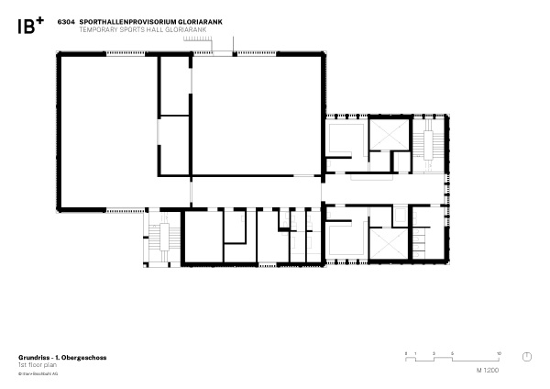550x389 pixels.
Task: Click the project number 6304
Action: [x=65, y=20]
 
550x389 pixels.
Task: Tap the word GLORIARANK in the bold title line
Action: [x=204, y=20]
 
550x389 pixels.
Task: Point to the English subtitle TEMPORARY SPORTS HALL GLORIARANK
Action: [x=133, y=28]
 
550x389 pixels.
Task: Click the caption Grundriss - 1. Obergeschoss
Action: [x=62, y=357]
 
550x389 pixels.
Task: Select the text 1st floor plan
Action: [x=37, y=364]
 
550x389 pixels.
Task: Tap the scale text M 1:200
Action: [x=488, y=370]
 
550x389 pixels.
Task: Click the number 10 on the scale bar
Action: [x=498, y=353]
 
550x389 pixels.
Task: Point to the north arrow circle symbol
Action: [x=527, y=356]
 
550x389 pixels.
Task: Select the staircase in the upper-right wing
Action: [x=425, y=143]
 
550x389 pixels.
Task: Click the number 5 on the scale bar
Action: [x=453, y=353]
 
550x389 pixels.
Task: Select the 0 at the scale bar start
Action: [x=405, y=353]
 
